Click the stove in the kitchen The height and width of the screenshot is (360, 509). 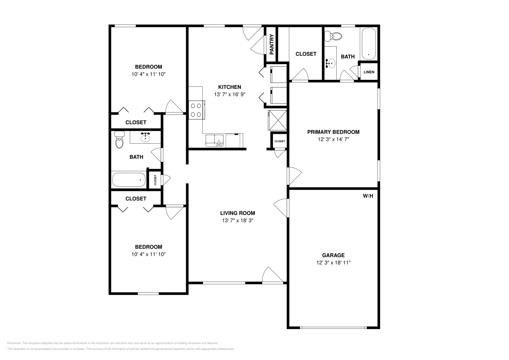point(196,110)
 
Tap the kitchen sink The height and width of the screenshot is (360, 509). point(215,140)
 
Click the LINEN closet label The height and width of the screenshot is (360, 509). point(369,72)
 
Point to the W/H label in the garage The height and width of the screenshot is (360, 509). point(368,196)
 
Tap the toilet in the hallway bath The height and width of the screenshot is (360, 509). point(119,140)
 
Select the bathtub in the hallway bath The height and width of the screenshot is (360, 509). point(129,180)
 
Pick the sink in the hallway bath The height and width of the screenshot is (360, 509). point(145,137)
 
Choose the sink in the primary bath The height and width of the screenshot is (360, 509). point(331,63)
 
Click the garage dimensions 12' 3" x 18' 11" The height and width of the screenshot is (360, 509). point(333,263)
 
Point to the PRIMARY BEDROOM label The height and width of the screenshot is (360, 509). point(333,132)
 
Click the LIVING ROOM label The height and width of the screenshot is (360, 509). point(237,213)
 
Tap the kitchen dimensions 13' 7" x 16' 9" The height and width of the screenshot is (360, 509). point(229,94)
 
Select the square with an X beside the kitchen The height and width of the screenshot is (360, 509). point(277,120)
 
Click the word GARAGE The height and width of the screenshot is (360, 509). point(333,255)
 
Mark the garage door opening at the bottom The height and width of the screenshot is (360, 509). point(333,328)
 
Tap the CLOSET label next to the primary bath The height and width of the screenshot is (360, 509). point(306,54)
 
